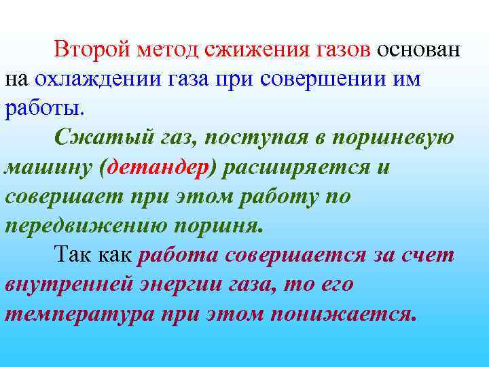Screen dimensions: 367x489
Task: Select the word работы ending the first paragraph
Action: coord(43,108)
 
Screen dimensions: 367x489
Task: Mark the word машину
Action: coord(48,167)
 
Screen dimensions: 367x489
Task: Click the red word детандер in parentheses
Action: coord(157,167)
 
